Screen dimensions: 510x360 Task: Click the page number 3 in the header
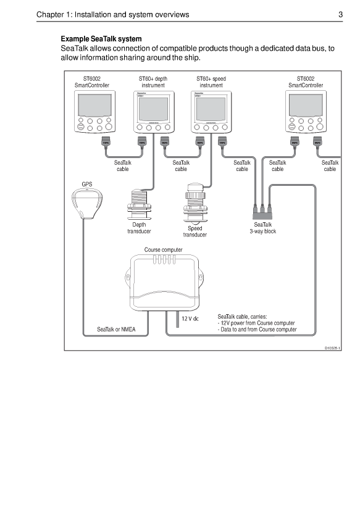340,15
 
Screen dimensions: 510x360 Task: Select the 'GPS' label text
88,184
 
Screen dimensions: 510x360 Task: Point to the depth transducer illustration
140,204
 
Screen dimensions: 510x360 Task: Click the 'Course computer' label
163,250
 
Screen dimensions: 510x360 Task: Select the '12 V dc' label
190,319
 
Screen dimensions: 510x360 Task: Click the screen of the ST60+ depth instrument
153,109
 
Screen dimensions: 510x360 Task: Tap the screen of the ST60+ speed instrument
211,109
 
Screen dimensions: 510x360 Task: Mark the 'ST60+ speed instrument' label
211,82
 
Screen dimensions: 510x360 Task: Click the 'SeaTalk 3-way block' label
262,228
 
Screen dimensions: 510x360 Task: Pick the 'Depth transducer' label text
139,228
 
